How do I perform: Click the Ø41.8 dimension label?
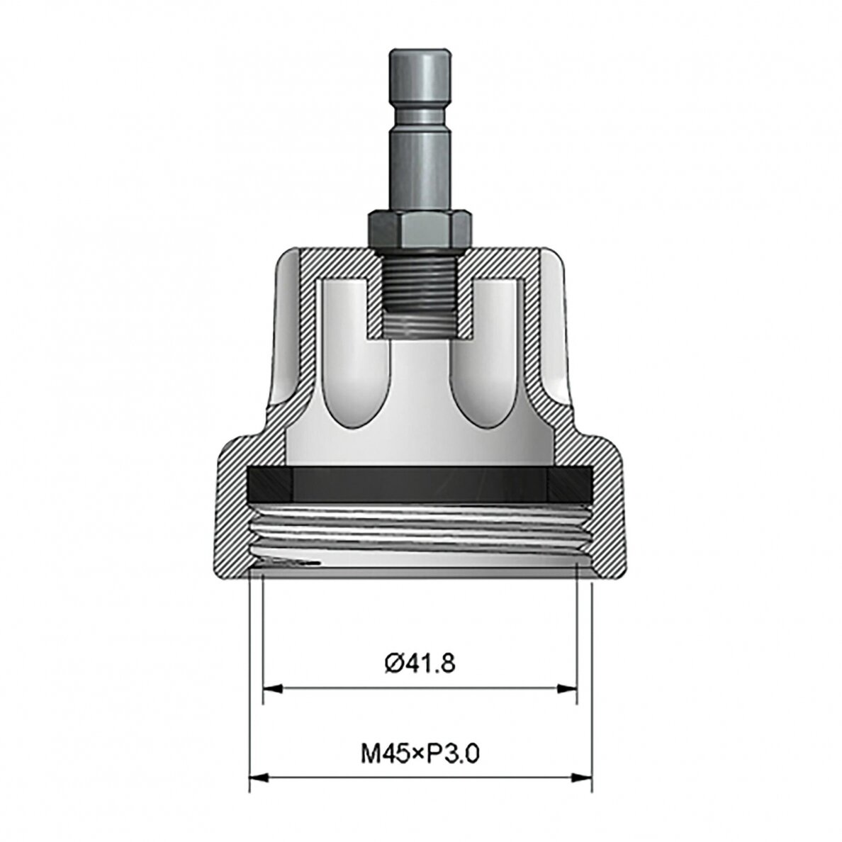(x=420, y=663)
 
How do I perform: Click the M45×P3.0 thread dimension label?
(x=420, y=754)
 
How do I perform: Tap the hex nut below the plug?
(x=420, y=230)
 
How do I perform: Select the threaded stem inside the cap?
(x=420, y=291)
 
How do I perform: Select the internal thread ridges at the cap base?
(x=420, y=532)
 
